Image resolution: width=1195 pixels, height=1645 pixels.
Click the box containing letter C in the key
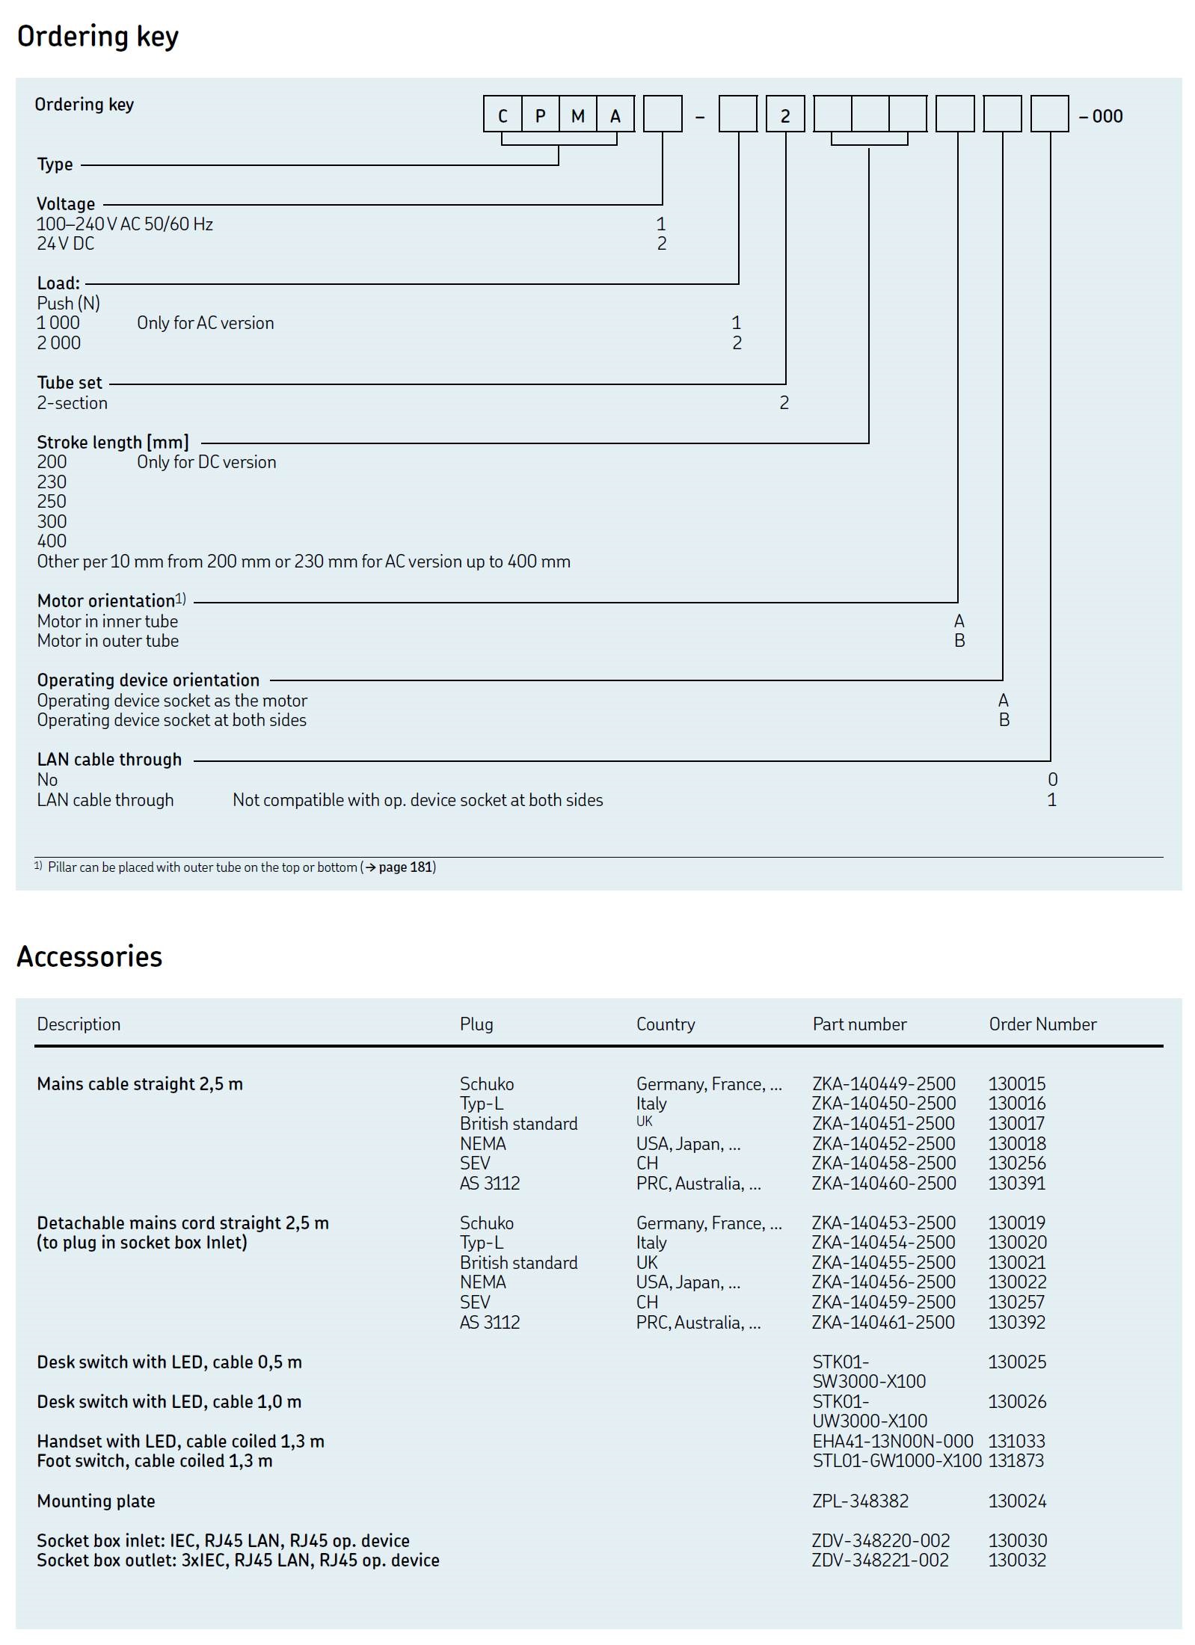pyautogui.click(x=503, y=116)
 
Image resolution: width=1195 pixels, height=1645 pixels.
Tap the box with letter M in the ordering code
pyautogui.click(x=578, y=116)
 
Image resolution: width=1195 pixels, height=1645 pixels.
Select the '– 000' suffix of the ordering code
pyautogui.click(x=1101, y=116)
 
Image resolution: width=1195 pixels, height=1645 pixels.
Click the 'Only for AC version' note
pyautogui.click(x=205, y=323)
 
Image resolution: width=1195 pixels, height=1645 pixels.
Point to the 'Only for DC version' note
pyautogui.click(x=206, y=462)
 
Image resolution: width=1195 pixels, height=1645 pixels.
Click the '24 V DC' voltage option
pyautogui.click(x=66, y=244)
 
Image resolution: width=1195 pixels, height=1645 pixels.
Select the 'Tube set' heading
pyautogui.click(x=70, y=383)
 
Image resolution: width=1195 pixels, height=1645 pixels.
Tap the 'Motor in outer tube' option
pyautogui.click(x=108, y=641)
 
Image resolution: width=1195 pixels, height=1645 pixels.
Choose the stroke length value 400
pyautogui.click(x=52, y=541)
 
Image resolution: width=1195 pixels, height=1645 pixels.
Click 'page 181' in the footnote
pyautogui.click(x=406, y=867)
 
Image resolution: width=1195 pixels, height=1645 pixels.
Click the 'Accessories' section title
pyautogui.click(x=90, y=957)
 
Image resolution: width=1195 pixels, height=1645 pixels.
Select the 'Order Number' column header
pyautogui.click(x=1042, y=1024)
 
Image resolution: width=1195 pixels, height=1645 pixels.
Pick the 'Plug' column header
pyautogui.click(x=476, y=1024)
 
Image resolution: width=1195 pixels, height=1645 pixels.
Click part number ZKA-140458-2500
pyautogui.click(x=884, y=1163)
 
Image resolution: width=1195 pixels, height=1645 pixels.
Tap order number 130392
pyautogui.click(x=1017, y=1323)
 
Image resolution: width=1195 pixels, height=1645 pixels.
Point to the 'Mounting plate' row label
pyautogui.click(x=96, y=1501)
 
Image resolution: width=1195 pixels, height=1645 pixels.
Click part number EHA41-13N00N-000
pyautogui.click(x=893, y=1442)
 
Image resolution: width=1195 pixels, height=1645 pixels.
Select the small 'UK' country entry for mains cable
pyautogui.click(x=645, y=1122)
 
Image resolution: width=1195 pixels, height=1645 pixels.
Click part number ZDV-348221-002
pyautogui.click(x=880, y=1561)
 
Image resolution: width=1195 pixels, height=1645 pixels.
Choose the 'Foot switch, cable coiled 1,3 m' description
pyautogui.click(x=155, y=1461)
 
